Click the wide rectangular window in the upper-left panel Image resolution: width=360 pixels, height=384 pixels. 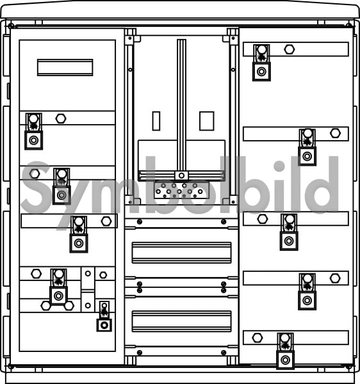click(65, 67)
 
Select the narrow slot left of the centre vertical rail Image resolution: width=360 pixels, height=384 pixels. click(156, 121)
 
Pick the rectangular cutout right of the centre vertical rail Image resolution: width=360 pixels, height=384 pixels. click(207, 121)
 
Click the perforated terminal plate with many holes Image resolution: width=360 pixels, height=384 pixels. click(181, 190)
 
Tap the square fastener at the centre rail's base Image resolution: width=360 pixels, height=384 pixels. click(181, 175)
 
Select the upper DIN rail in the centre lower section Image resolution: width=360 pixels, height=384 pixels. click(181, 253)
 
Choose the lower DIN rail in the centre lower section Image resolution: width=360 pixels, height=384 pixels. click(181, 321)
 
